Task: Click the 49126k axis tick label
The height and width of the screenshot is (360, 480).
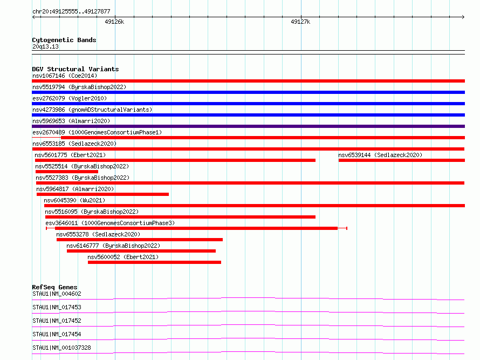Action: tap(114, 22)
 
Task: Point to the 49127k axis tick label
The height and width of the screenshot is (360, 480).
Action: tap(300, 22)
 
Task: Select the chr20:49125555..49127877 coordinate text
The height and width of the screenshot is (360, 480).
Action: tap(71, 11)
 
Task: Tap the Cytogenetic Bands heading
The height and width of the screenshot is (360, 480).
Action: tap(64, 40)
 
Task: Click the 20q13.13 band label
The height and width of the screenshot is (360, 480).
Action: tap(45, 46)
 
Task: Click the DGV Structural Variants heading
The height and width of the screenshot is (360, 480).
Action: tap(76, 69)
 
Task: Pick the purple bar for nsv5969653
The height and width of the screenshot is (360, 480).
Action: tap(248, 126)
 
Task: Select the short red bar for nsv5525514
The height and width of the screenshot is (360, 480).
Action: tap(67, 172)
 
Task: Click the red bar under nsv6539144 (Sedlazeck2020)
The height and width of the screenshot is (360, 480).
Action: tap(402, 160)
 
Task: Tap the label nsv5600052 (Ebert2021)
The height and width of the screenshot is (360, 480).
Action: tap(123, 257)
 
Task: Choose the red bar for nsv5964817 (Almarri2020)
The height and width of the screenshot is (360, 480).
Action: tap(102, 194)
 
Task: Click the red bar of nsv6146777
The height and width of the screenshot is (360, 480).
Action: tap(141, 251)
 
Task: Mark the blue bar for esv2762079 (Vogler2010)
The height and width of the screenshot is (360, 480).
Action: tap(248, 104)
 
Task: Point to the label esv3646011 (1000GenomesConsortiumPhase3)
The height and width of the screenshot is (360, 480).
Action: tap(110, 223)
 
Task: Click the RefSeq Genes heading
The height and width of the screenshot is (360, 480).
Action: tap(54, 287)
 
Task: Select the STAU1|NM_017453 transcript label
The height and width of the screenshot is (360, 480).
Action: tap(57, 307)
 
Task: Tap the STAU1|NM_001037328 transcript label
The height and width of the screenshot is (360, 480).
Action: tap(61, 348)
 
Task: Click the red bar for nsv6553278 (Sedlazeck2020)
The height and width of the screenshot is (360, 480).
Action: tap(140, 240)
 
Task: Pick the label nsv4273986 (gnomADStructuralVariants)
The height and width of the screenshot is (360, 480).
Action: tap(92, 110)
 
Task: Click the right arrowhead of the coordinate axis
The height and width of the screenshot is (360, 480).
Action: tap(463, 17)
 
